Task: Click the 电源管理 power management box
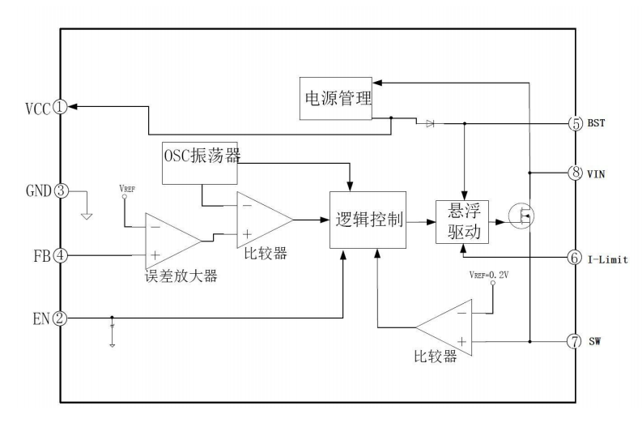tap(337, 100)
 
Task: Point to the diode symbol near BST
tap(429, 124)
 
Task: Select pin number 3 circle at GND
tap(60, 191)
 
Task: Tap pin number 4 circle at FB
tap(60, 255)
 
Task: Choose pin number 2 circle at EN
tap(60, 318)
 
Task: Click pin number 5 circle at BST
tap(573, 124)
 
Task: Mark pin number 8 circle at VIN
tap(573, 172)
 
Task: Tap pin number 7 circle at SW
tap(573, 340)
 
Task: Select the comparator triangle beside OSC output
tap(261, 220)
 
